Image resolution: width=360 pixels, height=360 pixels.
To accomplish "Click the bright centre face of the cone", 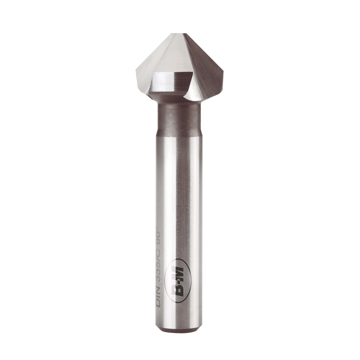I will (173, 54).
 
